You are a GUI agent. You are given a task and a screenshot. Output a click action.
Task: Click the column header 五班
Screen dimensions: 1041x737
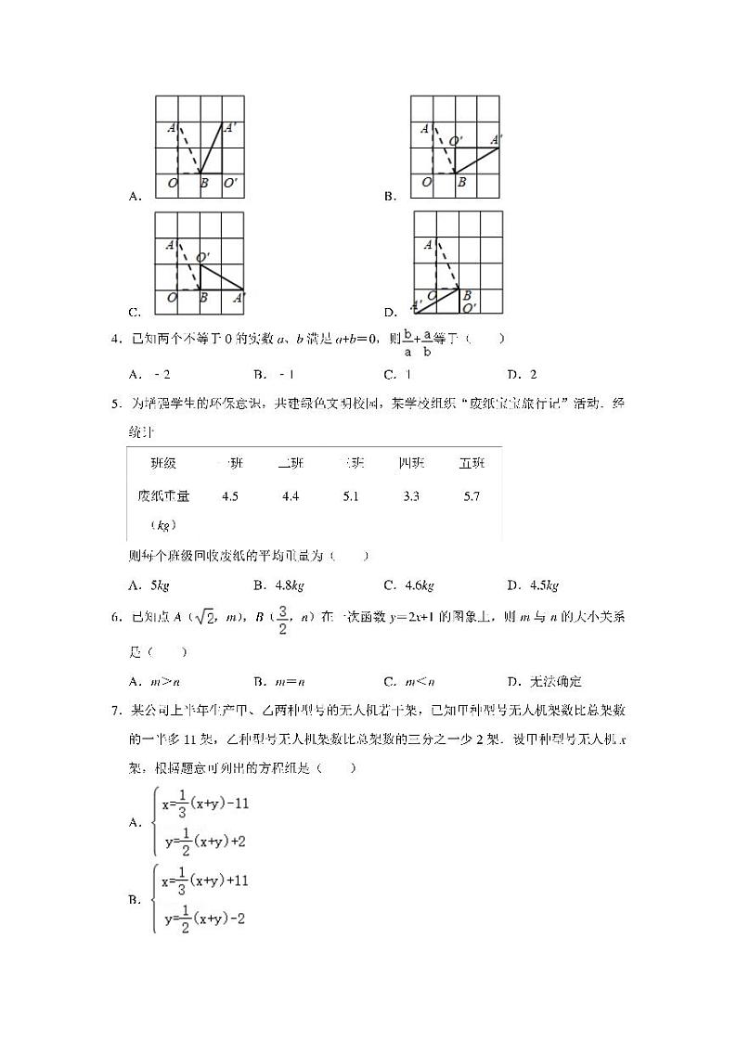tap(472, 463)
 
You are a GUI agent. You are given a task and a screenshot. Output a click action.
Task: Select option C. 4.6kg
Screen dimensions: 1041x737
tap(408, 585)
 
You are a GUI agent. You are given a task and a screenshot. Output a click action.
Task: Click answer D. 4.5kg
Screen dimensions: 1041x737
tap(533, 585)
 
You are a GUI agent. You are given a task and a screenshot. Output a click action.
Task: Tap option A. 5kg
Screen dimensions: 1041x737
tap(149, 585)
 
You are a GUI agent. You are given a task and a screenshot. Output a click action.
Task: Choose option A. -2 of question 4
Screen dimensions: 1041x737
tap(150, 375)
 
